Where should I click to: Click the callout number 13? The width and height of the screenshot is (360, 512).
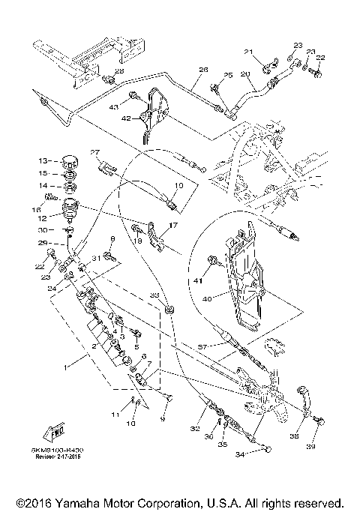(43, 160)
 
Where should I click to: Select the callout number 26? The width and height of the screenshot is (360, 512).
(202, 70)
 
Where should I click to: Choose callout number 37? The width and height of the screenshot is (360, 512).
(201, 347)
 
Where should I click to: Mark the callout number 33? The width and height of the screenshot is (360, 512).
(155, 296)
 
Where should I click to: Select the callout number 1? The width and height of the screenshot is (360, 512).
(67, 367)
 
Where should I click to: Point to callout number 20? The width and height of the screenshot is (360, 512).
(244, 75)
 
